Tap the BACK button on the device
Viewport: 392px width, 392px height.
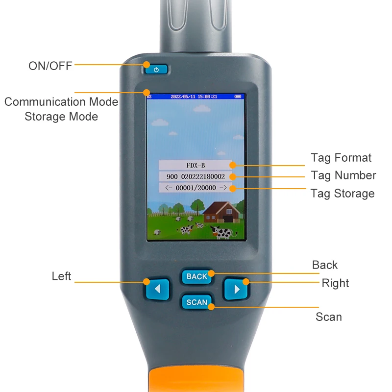[196, 277]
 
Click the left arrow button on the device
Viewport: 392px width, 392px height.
[157, 289]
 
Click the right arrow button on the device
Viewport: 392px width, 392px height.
[237, 289]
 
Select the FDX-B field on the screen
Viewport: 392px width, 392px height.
[196, 165]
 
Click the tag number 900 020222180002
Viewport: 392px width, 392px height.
[196, 176]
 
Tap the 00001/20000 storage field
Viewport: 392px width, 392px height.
[196, 188]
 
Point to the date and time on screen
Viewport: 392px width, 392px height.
[194, 97]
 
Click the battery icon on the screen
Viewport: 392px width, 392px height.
[238, 97]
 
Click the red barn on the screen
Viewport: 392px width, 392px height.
[221, 211]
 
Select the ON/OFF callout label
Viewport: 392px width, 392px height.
[50, 66]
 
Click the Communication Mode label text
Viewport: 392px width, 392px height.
[61, 102]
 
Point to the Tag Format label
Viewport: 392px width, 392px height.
[341, 158]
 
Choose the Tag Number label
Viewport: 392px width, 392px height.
[343, 175]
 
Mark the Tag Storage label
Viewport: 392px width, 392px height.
[343, 194]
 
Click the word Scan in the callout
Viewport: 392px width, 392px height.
[328, 317]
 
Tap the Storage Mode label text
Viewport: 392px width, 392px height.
[61, 117]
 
